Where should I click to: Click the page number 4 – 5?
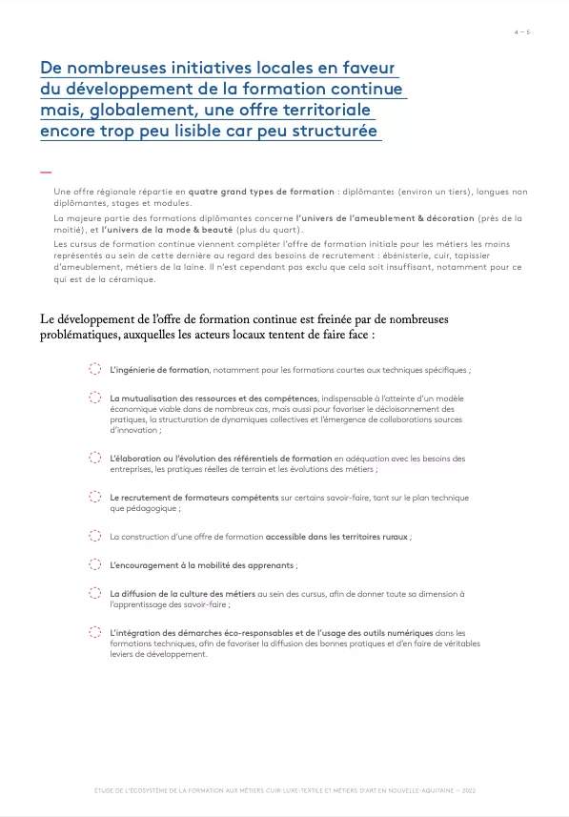[522, 32]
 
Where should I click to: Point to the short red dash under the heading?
[45, 173]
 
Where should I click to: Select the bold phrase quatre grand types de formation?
[254, 192]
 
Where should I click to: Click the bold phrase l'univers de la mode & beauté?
[171, 231]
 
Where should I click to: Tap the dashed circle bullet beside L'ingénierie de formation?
[94, 369]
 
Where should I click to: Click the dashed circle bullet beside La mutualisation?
[94, 398]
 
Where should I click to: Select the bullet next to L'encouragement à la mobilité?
[94, 564]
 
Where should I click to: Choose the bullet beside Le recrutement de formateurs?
[94, 497]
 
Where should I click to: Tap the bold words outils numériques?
[392, 632]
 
